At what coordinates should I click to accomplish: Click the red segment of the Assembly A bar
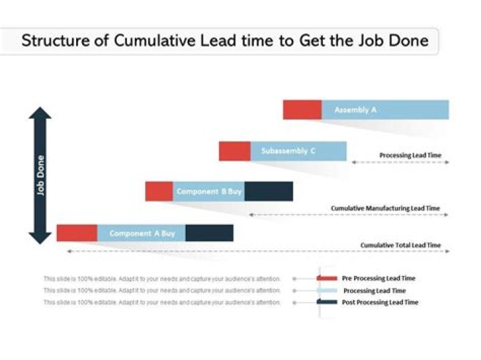click(302, 110)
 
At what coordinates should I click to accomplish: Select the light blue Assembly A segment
click(385, 110)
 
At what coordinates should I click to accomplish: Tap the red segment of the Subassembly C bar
click(234, 151)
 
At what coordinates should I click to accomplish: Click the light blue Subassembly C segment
click(298, 151)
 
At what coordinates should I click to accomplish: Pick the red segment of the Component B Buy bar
click(159, 192)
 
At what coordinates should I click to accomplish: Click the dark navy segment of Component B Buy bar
click(269, 192)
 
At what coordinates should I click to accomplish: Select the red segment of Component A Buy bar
click(77, 233)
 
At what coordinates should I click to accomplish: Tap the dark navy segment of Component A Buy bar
click(209, 233)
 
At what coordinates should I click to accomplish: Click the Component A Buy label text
click(142, 234)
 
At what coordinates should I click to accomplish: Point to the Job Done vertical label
click(41, 175)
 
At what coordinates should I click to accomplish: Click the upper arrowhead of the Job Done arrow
click(40, 114)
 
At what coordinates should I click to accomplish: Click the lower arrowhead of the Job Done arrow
click(40, 237)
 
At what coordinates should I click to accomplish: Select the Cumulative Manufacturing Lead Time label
click(385, 208)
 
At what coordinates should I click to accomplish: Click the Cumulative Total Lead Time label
click(401, 245)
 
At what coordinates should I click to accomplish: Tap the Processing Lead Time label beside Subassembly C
click(410, 156)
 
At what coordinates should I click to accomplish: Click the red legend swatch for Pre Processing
click(327, 278)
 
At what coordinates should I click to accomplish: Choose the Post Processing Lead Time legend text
click(379, 303)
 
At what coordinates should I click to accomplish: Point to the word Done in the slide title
click(407, 41)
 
